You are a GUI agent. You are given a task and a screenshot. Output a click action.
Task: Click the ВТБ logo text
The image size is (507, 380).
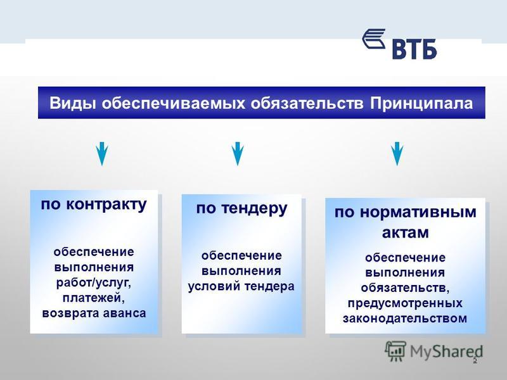coord(414,49)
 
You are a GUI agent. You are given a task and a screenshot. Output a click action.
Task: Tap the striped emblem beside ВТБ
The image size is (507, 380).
coord(374,39)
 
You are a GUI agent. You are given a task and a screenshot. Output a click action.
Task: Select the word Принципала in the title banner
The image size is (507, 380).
coord(421,103)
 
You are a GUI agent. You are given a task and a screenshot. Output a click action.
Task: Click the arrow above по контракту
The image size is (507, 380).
coord(102,153)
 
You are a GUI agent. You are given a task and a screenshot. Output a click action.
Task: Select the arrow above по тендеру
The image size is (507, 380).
coord(238,153)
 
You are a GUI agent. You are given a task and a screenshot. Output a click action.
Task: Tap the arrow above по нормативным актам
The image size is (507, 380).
coord(397,153)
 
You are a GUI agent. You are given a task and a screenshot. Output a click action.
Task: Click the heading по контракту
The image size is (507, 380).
coord(94,205)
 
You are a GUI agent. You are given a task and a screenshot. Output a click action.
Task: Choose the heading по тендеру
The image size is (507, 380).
coord(241,209)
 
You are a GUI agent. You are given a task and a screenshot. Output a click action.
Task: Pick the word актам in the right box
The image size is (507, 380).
coord(405,232)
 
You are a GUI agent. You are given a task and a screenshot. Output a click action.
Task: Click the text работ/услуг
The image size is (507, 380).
coord(94,283)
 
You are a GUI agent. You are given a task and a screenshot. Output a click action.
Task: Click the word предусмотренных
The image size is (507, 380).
coord(405,303)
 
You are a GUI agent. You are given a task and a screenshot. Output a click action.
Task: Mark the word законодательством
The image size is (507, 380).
coord(405,319)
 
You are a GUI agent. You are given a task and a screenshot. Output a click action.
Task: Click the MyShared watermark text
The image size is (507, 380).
coord(447,352)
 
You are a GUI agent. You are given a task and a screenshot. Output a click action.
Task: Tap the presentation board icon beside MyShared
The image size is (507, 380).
coord(395,351)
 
